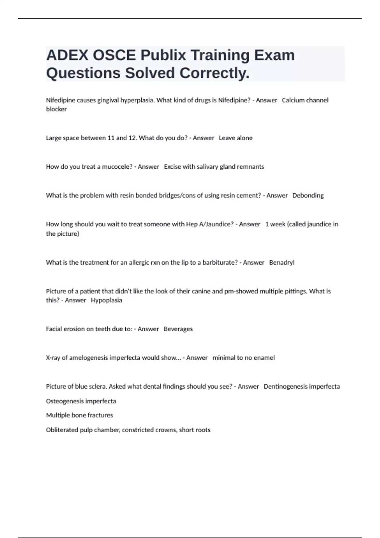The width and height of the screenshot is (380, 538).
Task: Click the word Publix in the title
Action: click(x=163, y=55)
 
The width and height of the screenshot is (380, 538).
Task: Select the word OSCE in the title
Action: click(x=114, y=55)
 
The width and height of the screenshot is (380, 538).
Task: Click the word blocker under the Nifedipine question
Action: click(x=56, y=109)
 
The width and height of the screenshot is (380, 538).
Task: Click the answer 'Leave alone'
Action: click(x=236, y=138)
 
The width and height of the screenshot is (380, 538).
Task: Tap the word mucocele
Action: click(x=117, y=167)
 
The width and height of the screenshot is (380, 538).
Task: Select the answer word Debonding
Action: click(x=308, y=196)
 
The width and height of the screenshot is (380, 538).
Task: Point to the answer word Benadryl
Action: click(x=282, y=263)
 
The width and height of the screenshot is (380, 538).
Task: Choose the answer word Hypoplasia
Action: click(x=106, y=300)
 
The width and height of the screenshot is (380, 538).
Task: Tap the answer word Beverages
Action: click(x=178, y=329)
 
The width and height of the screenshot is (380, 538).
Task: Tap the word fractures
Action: click(x=100, y=415)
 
